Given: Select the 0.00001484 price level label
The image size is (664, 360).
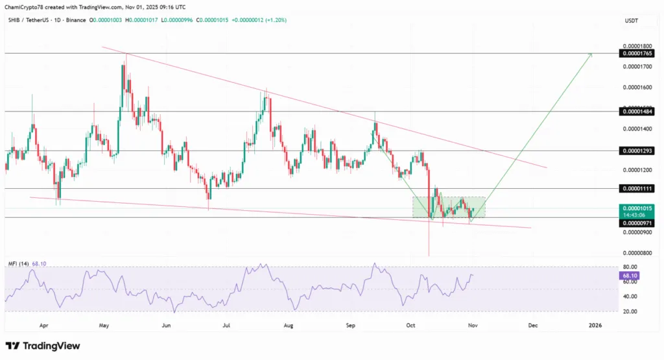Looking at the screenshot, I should tap(638, 112).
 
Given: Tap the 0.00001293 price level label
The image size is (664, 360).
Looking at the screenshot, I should tap(638, 150).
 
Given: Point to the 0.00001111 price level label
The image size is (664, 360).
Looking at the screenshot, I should tap(638, 188).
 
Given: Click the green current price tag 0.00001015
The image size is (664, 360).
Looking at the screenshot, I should tap(638, 208).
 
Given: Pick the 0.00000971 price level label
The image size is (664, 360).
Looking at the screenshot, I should tap(638, 222).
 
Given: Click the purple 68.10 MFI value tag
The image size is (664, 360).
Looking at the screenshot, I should tap(628, 276).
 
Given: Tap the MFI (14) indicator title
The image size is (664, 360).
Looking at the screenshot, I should tap(18, 264).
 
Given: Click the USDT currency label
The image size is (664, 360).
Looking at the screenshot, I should tap(630, 20).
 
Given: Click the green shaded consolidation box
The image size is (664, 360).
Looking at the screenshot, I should tap(449, 206).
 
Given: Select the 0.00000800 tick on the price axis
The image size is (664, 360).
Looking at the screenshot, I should tap(638, 253).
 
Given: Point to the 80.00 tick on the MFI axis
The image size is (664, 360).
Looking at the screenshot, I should tap(628, 267).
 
